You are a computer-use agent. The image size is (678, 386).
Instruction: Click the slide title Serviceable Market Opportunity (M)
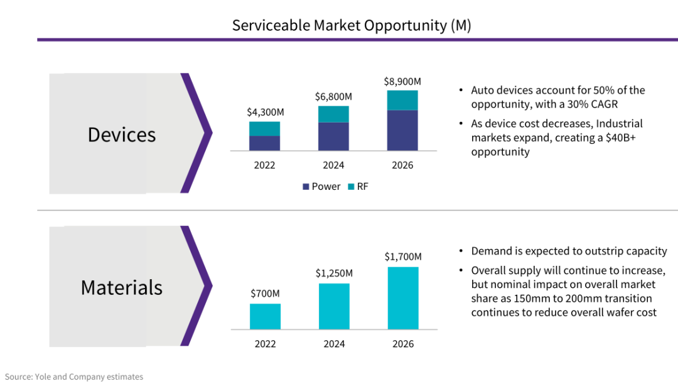click(352, 25)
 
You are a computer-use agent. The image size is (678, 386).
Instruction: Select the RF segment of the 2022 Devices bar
click(264, 128)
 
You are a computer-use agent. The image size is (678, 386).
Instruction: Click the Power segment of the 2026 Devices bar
click(402, 130)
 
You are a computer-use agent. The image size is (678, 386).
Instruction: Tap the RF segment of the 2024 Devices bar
click(333, 114)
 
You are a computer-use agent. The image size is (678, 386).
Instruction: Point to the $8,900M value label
click(402, 82)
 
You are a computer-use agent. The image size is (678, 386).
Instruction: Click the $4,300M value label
click(265, 113)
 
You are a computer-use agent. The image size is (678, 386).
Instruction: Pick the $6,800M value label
click(333, 97)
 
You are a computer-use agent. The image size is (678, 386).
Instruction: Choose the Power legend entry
click(321, 187)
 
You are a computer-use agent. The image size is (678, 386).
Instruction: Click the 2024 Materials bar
click(334, 306)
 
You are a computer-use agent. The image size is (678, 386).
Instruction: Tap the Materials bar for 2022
click(265, 316)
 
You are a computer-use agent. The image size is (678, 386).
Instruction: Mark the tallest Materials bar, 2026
click(402, 298)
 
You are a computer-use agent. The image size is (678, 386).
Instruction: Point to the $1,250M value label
click(334, 273)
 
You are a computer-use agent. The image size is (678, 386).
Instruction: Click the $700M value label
click(265, 294)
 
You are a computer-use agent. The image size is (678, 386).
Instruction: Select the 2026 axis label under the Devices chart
click(402, 165)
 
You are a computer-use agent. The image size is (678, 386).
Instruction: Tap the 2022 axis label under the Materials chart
click(265, 344)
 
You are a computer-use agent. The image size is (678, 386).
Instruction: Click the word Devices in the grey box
click(122, 135)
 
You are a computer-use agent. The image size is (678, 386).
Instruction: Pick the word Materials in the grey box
click(122, 287)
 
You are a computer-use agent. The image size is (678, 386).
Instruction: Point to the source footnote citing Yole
click(74, 377)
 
